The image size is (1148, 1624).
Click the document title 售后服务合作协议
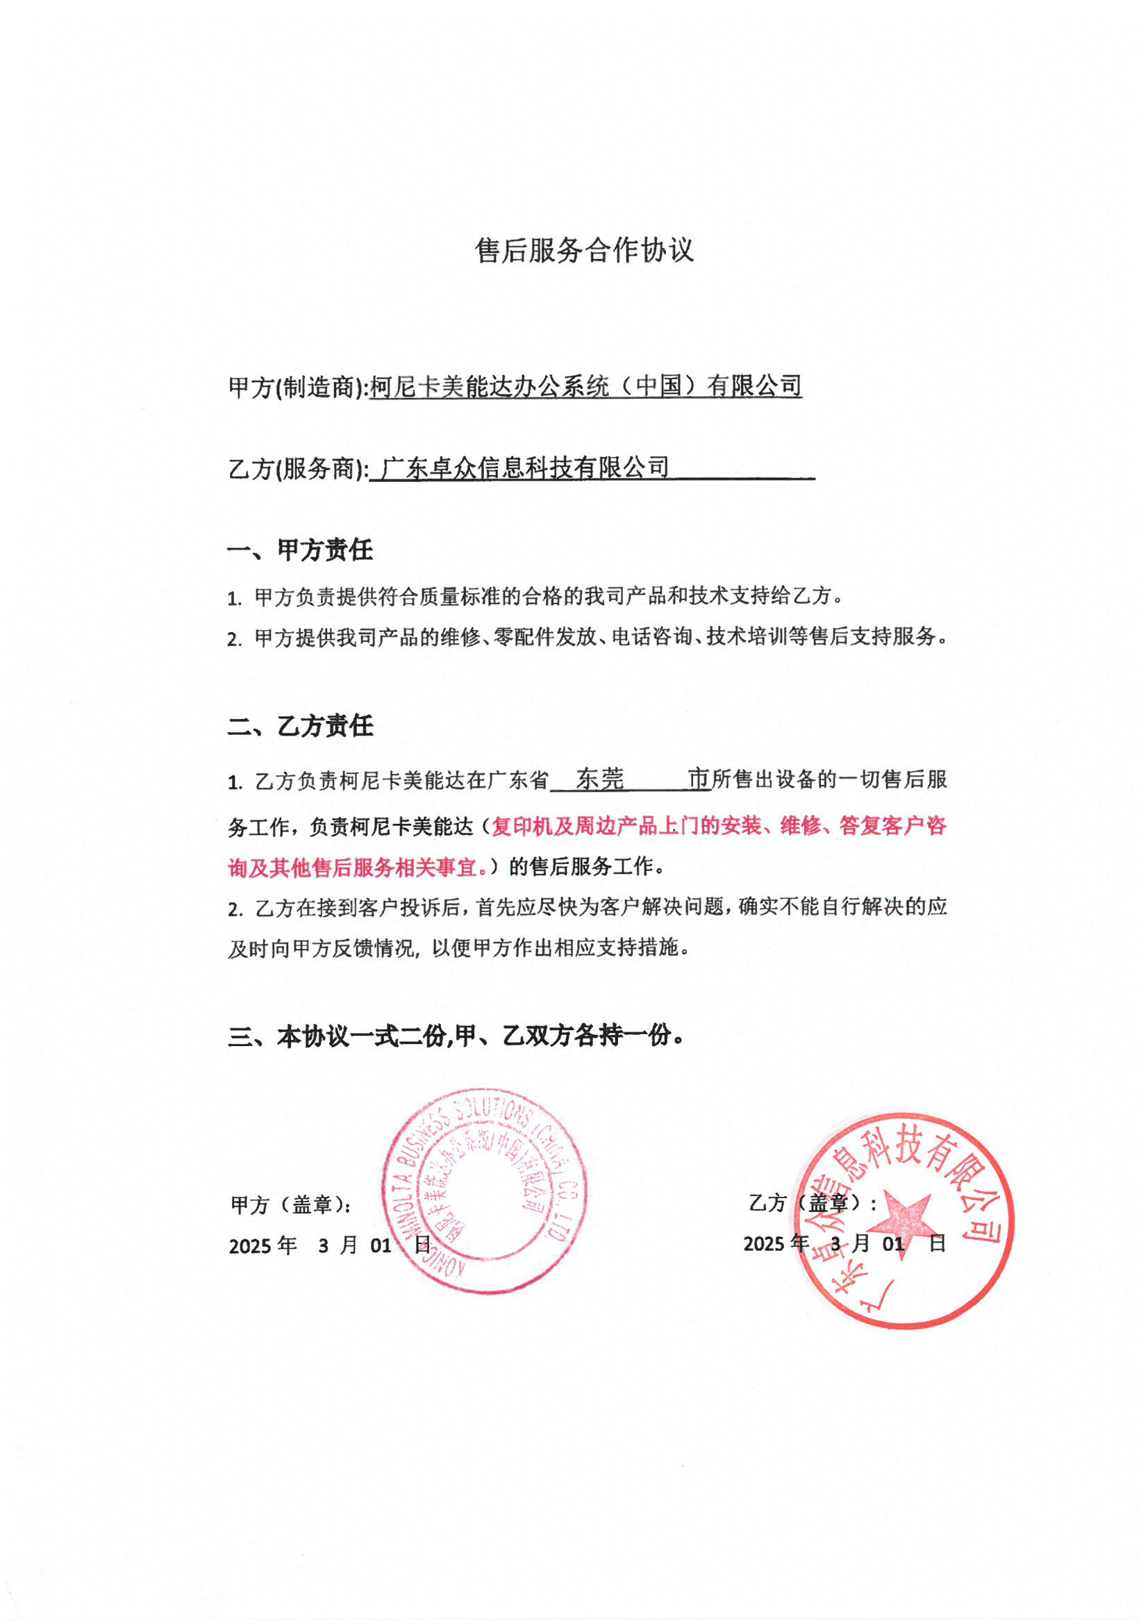(x=584, y=250)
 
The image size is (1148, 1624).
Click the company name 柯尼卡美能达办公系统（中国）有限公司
(x=585, y=386)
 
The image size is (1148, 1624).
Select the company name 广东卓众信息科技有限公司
(x=524, y=467)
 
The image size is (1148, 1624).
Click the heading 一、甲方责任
(x=300, y=550)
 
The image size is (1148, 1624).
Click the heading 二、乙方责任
(x=300, y=726)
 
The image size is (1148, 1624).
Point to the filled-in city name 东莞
(x=600, y=779)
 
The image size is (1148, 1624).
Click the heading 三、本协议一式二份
(x=456, y=1036)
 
